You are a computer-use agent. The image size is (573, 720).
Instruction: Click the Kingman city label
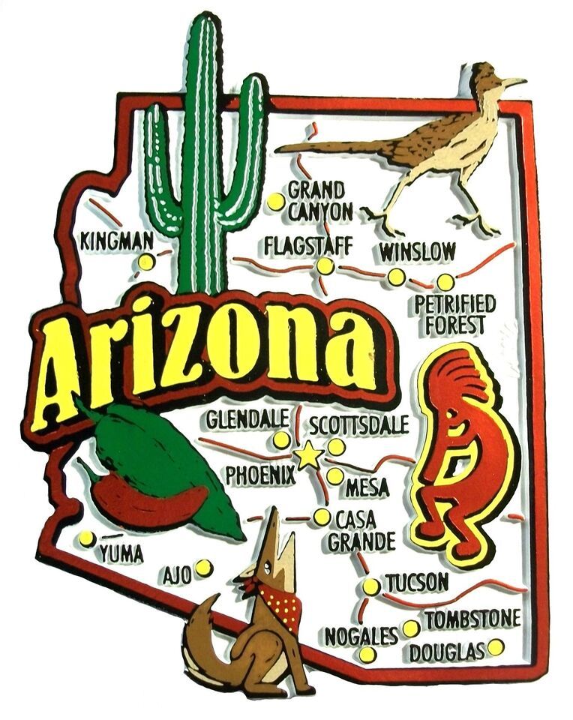coord(118,241)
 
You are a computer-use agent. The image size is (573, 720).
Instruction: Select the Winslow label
coord(417,252)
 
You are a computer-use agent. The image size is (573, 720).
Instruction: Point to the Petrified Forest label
coord(455,315)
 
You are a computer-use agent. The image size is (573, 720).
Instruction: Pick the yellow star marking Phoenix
coord(307,456)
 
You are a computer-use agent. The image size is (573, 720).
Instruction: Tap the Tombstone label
coord(472,619)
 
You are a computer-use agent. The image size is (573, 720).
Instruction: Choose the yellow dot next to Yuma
coord(87,538)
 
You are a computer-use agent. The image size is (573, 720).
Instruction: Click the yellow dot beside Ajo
coord(203,568)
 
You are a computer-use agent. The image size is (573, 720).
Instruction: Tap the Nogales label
coord(361,636)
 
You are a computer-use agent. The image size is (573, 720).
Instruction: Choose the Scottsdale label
coord(359,425)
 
